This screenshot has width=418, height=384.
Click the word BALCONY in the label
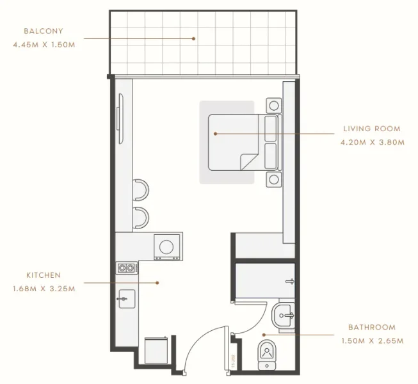pyautogui.click(x=44, y=31)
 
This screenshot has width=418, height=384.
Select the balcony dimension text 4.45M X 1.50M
pyautogui.click(x=44, y=45)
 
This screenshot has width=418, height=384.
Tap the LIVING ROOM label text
pyautogui.click(x=371, y=129)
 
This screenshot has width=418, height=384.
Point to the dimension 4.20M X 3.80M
pyautogui.click(x=372, y=143)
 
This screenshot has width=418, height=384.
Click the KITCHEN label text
pyautogui.click(x=44, y=275)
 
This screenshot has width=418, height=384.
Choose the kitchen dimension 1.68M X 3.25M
pyautogui.click(x=44, y=289)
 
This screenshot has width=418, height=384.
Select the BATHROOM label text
pyautogui.click(x=371, y=327)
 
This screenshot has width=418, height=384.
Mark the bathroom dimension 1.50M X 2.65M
pyautogui.click(x=371, y=341)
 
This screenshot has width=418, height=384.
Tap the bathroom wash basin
pyautogui.click(x=284, y=315)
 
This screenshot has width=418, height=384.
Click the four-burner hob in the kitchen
pyautogui.click(x=127, y=268)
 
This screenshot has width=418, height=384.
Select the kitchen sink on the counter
pyautogui.click(x=126, y=298)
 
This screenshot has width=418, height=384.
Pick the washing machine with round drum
pyautogui.click(x=168, y=246)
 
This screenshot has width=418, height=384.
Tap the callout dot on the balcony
pyautogui.click(x=193, y=38)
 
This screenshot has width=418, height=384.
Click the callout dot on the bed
pyautogui.click(x=216, y=134)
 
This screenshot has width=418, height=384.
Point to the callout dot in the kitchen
pyautogui.click(x=157, y=282)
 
